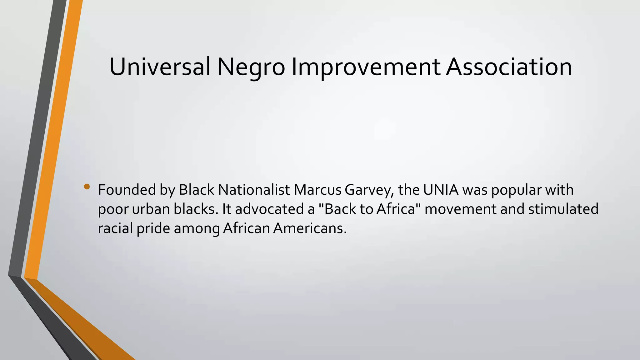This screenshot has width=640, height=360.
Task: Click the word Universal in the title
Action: [160, 67]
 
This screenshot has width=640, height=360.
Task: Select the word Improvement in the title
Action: [366, 67]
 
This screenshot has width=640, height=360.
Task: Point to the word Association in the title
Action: [509, 67]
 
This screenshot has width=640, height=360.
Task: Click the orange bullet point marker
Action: [87, 187]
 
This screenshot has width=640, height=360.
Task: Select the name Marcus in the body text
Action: [317, 190]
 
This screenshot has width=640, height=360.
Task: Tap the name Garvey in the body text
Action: [368, 190]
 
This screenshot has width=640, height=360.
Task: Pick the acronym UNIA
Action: [441, 190]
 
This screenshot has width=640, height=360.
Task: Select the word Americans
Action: [310, 228]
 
